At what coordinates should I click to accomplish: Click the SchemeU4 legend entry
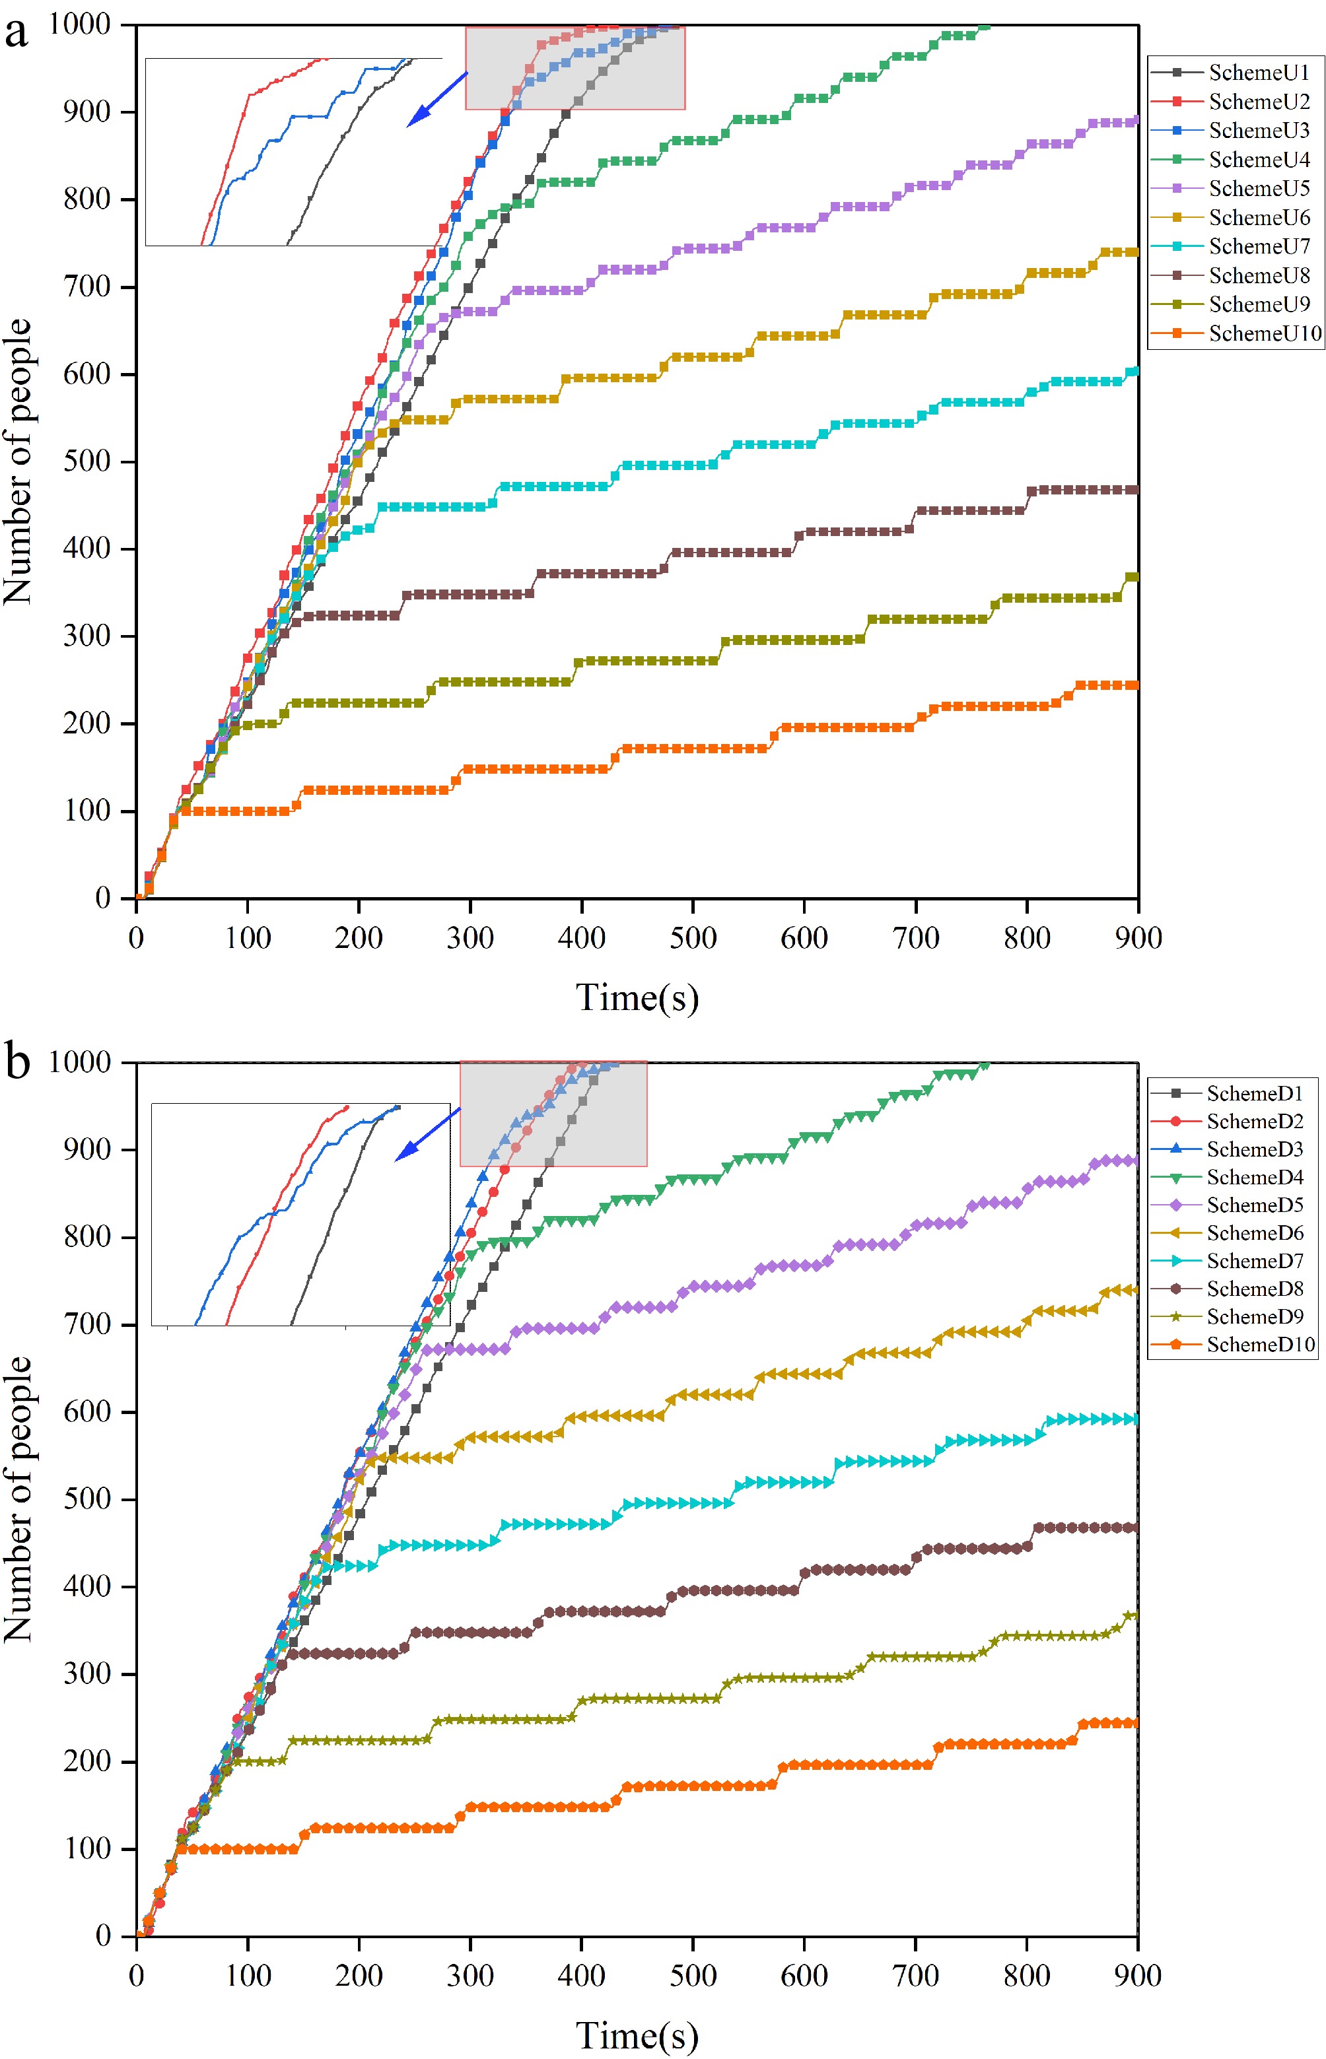[x=1258, y=159]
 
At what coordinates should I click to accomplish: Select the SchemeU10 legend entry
[x=1263, y=333]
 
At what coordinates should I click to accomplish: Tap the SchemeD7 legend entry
[x=1253, y=1261]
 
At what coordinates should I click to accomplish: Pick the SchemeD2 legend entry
[x=1253, y=1122]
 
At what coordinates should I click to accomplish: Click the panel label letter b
[x=17, y=1060]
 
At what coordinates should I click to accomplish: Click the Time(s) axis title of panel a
[x=637, y=997]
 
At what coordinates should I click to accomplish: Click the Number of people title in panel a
[x=17, y=461]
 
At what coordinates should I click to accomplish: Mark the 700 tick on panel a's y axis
[x=87, y=287]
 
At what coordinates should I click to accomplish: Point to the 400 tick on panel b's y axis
[x=87, y=1586]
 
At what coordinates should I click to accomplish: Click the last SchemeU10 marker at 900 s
[x=1134, y=685]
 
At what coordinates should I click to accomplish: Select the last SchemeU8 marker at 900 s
[x=1134, y=490]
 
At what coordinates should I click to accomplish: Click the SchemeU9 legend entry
[x=1258, y=304]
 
